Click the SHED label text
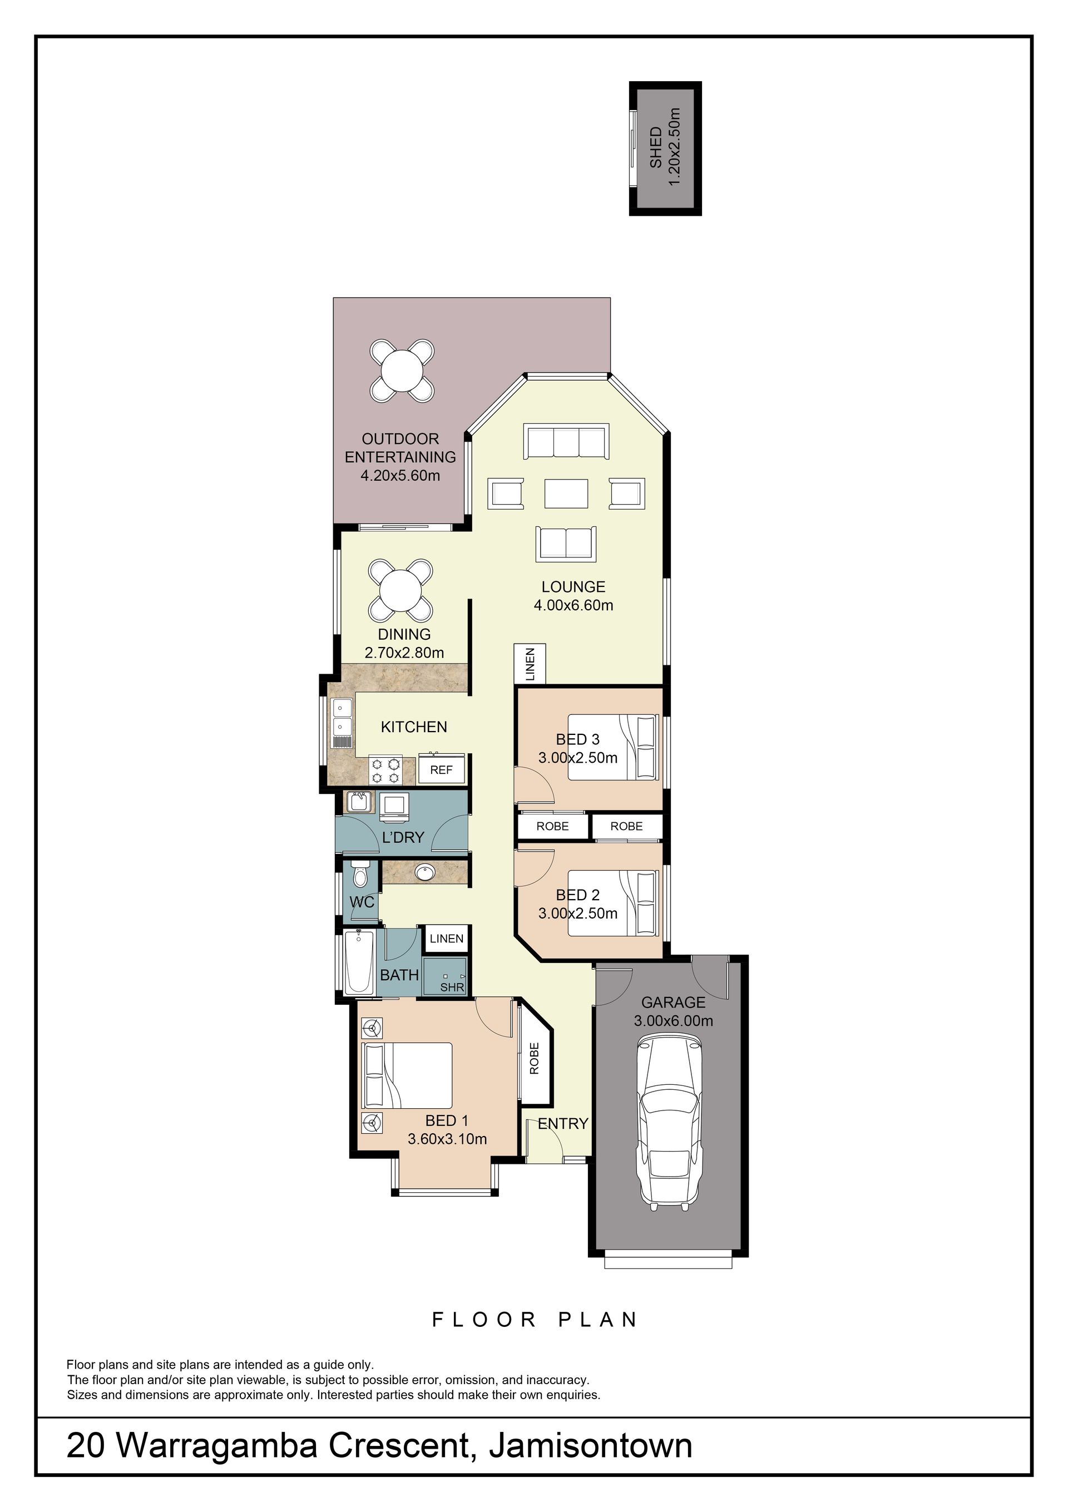[656, 147]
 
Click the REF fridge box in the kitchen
[442, 769]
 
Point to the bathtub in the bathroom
[359, 961]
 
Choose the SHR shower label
[452, 987]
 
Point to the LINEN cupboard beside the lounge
[530, 664]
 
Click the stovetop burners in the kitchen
[385, 770]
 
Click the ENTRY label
[562, 1123]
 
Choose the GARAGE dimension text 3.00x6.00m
[673, 1021]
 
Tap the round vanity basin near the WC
[424, 873]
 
